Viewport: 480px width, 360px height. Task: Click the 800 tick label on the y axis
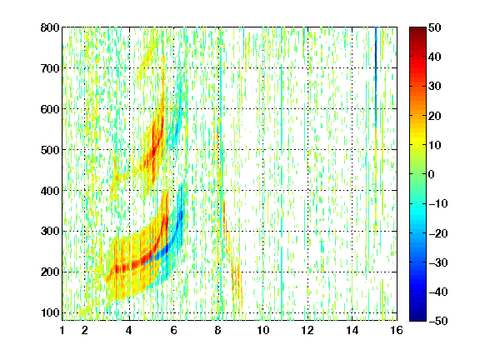(x=50, y=27)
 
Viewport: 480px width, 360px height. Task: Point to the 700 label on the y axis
(x=50, y=68)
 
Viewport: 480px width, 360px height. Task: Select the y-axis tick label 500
(x=50, y=150)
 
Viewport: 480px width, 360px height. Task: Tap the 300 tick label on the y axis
(x=50, y=232)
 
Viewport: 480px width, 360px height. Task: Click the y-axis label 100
(x=50, y=312)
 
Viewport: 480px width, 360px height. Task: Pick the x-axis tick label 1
(x=62, y=330)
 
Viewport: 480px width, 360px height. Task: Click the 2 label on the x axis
(x=85, y=330)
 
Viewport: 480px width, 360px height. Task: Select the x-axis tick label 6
(x=174, y=330)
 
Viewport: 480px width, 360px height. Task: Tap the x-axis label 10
(x=263, y=330)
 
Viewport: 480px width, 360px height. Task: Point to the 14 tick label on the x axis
(x=352, y=330)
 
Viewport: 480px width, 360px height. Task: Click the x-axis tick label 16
(x=397, y=330)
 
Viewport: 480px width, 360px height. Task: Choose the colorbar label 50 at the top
(x=435, y=27)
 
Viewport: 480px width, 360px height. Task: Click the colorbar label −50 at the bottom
(x=437, y=321)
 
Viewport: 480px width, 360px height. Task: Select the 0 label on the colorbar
(x=432, y=174)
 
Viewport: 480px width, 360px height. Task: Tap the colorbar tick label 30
(x=435, y=87)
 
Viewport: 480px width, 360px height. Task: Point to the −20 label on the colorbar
(x=437, y=233)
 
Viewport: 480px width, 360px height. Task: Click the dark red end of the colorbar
(x=417, y=31)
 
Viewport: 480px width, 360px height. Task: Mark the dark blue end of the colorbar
(x=417, y=317)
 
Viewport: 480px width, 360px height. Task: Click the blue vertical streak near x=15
(x=376, y=75)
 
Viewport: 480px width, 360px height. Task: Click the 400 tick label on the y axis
(x=50, y=191)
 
